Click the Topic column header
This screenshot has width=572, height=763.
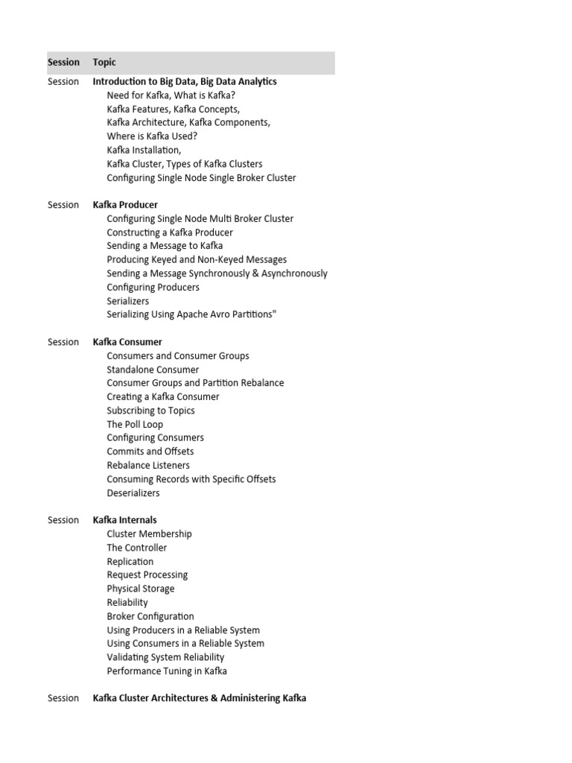click(x=104, y=63)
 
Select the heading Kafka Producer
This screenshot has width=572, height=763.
click(x=125, y=205)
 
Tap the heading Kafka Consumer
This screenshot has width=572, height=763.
click(x=127, y=342)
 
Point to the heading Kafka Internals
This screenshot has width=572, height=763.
click(x=124, y=520)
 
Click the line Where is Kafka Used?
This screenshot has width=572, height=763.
click(x=152, y=136)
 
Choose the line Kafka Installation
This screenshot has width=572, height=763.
click(x=144, y=151)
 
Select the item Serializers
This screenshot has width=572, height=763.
click(x=128, y=301)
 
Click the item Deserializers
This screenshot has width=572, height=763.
click(x=133, y=493)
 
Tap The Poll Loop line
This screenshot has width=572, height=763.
click(x=135, y=425)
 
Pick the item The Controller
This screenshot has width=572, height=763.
click(x=137, y=548)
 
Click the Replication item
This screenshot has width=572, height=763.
click(x=130, y=562)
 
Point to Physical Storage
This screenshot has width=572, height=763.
click(x=141, y=589)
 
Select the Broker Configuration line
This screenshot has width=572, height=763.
click(x=150, y=616)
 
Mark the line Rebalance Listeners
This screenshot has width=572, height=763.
click(x=148, y=466)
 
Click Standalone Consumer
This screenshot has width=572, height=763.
click(x=153, y=370)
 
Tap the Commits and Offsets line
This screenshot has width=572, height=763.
click(x=150, y=452)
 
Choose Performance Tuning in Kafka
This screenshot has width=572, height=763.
click(x=167, y=671)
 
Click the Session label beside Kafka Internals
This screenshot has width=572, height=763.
click(x=63, y=520)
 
